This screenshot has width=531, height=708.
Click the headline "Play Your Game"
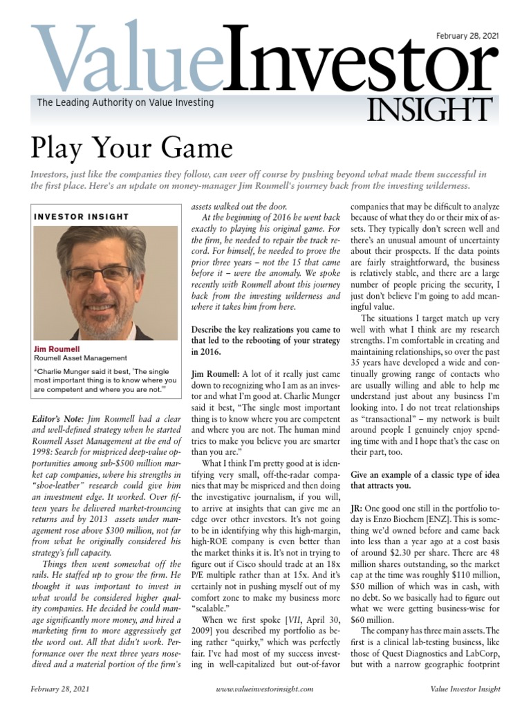[x=131, y=148]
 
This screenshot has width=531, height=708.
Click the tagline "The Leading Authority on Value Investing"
[x=125, y=102]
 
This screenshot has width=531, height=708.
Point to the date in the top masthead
[x=467, y=36]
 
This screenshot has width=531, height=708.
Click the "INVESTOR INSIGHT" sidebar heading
[x=81, y=216]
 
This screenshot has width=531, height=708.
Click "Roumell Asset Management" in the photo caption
[x=80, y=359]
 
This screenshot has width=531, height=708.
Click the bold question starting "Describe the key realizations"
[x=265, y=340]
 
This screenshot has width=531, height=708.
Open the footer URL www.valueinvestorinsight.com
[x=265, y=689]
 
